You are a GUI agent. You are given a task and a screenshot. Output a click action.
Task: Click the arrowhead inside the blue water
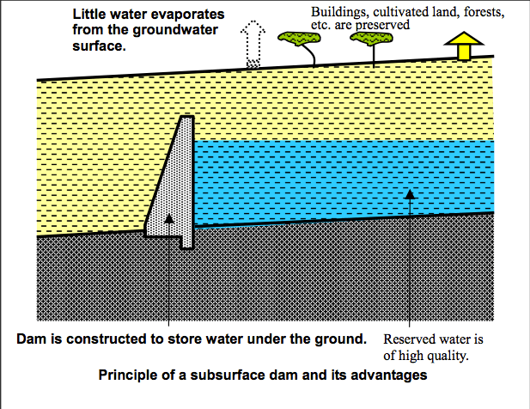click(411, 194)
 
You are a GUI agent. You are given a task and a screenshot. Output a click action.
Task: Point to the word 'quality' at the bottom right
click(449, 352)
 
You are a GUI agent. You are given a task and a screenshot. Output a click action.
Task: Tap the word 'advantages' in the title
click(391, 375)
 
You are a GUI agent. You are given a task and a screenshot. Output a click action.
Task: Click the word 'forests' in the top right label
click(478, 14)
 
